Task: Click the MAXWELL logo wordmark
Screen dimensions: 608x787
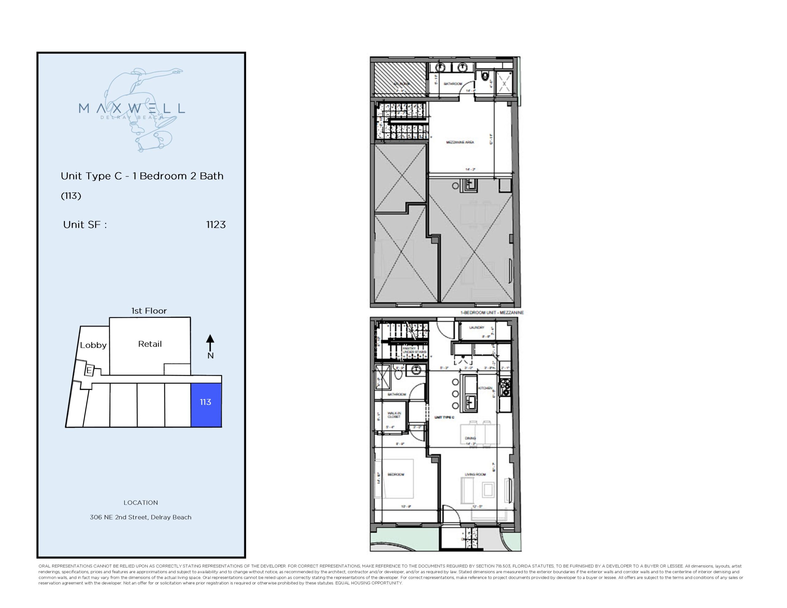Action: point(132,108)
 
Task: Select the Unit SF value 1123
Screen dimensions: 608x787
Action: point(216,224)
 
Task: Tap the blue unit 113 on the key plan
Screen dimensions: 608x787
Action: point(206,405)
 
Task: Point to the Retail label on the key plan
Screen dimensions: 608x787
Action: point(150,344)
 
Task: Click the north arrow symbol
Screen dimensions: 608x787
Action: point(210,342)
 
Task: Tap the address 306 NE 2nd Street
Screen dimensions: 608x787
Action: point(140,517)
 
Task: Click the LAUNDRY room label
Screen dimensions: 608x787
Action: point(477,328)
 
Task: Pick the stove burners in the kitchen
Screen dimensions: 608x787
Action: point(505,387)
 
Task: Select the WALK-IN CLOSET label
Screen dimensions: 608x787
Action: point(394,415)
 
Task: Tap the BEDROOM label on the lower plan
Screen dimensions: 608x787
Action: point(396,474)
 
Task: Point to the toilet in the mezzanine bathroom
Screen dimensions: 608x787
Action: point(485,76)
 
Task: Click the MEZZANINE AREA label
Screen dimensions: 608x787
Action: point(460,142)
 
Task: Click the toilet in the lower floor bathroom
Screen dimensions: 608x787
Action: point(398,374)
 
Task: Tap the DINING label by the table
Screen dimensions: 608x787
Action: point(470,439)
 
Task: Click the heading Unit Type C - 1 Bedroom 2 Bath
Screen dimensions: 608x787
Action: point(142,176)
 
